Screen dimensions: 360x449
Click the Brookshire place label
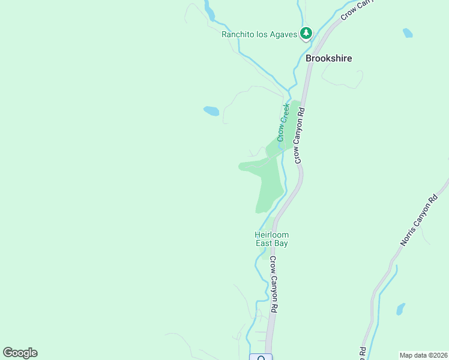tap(328, 59)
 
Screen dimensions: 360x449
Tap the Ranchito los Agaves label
tap(259, 34)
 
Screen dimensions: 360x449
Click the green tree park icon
tap(306, 33)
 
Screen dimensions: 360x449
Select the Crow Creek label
tap(283, 122)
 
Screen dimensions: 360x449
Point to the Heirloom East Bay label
tap(271, 239)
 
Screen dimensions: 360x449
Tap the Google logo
tap(20, 353)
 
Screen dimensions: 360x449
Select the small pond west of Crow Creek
tap(211, 111)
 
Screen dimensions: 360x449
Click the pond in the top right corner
tap(408, 33)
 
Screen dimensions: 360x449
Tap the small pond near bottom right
tap(400, 310)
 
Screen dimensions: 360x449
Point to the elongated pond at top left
tap(209, 11)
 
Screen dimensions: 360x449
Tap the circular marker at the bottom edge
tap(261, 358)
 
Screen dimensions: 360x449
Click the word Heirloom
tap(271, 235)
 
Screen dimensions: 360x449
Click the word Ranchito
tap(238, 34)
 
